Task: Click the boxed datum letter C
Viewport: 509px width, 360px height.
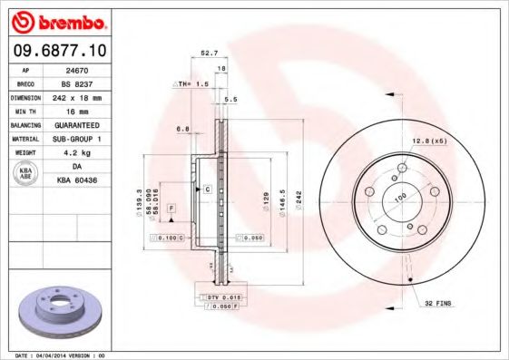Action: [207, 189]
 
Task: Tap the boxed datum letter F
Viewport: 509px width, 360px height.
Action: [171, 209]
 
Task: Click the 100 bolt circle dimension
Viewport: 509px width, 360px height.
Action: [398, 196]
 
